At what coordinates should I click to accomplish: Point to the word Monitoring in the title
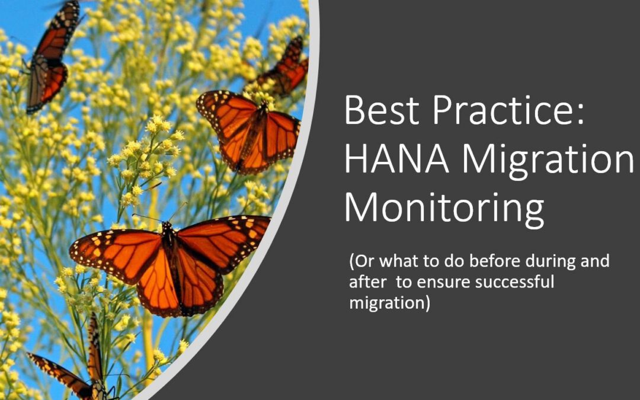[444, 208]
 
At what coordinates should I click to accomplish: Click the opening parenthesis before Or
[351, 261]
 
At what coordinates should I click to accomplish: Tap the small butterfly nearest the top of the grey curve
[284, 68]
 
